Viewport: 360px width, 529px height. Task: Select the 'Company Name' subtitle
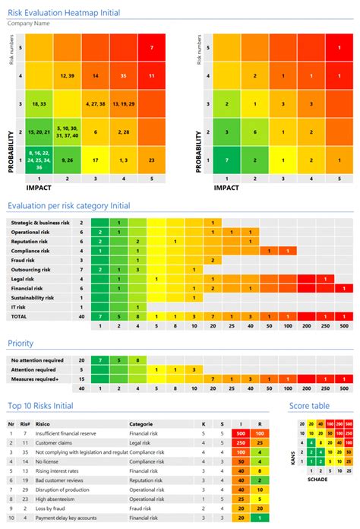[x=30, y=24]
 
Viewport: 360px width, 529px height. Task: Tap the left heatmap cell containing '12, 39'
[x=65, y=76]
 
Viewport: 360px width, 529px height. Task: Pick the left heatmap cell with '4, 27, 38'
[x=96, y=103]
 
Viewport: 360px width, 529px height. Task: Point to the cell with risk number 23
[x=152, y=160]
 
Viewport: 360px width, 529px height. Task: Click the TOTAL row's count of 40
[x=81, y=316]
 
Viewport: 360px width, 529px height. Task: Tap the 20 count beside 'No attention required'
[x=81, y=360]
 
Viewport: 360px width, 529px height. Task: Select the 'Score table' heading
[x=310, y=407]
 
